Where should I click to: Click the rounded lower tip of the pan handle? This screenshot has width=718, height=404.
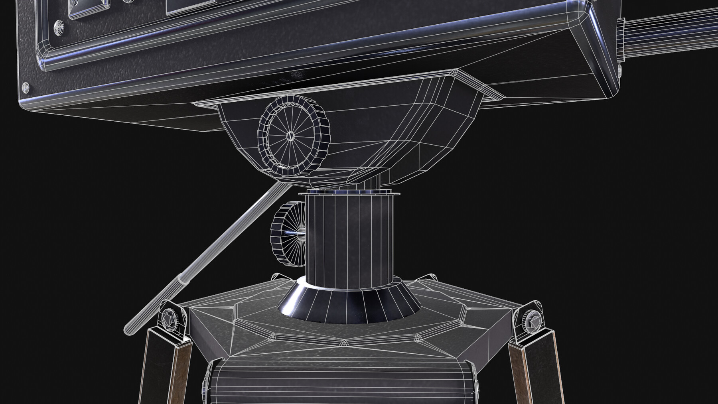[130, 329]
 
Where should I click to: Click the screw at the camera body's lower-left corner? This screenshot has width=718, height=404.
[26, 86]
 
